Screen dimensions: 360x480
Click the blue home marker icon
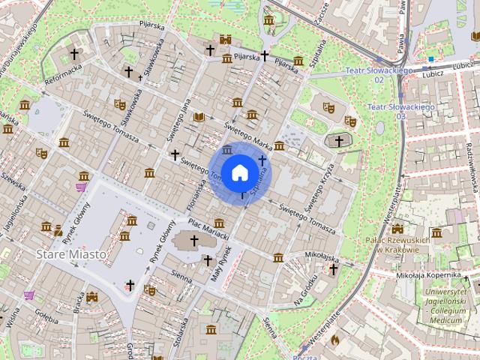point(239,172)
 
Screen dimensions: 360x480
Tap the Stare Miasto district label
point(71,255)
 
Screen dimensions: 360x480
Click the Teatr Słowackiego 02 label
point(379,74)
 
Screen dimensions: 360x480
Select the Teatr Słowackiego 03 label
point(401,112)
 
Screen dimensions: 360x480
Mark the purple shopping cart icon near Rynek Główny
point(81,186)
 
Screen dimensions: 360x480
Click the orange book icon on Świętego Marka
point(199,117)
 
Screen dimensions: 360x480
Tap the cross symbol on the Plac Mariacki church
point(194,241)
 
